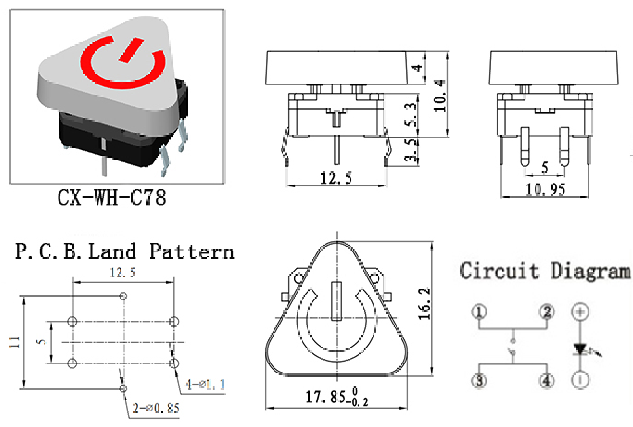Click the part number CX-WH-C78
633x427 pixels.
[112, 198]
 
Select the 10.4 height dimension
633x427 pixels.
[440, 96]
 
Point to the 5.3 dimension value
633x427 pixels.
[411, 114]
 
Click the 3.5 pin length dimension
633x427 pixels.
[411, 150]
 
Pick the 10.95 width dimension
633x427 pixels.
[545, 189]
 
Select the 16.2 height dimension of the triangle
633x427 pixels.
[424, 304]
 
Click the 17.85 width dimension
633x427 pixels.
[337, 397]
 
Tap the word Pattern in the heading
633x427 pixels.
[192, 251]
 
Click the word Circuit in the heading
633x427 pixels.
[500, 271]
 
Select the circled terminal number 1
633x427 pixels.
[479, 312]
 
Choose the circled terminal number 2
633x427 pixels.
[547, 312]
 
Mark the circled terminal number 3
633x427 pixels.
[479, 380]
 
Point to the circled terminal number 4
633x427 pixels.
[547, 380]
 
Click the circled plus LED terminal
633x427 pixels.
[581, 312]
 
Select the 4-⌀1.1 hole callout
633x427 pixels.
[205, 384]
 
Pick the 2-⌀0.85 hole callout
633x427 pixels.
[156, 408]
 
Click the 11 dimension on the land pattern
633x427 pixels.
[14, 343]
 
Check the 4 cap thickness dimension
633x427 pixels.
[418, 67]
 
